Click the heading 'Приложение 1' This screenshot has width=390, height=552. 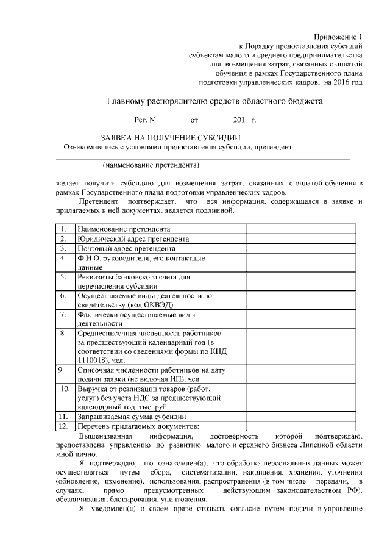tap(338, 37)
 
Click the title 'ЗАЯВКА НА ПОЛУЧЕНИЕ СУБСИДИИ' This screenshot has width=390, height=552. tap(171, 137)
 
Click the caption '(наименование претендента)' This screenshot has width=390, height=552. tap(151, 165)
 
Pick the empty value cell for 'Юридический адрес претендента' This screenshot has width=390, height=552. tap(298, 238)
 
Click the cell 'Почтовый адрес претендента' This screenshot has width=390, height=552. tap(127, 248)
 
